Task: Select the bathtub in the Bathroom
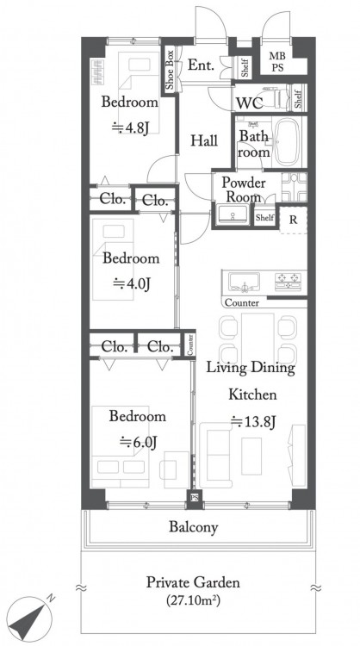287,142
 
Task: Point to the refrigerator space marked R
293,220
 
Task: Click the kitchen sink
245,283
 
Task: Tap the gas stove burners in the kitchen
289,282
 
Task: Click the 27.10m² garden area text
193,600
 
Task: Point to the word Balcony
193,527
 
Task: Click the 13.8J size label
253,421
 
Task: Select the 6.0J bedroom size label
139,442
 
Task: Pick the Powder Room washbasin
233,214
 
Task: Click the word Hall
204,141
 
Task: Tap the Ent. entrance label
201,65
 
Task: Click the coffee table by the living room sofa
251,456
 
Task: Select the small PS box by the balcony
195,499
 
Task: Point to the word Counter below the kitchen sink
242,303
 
